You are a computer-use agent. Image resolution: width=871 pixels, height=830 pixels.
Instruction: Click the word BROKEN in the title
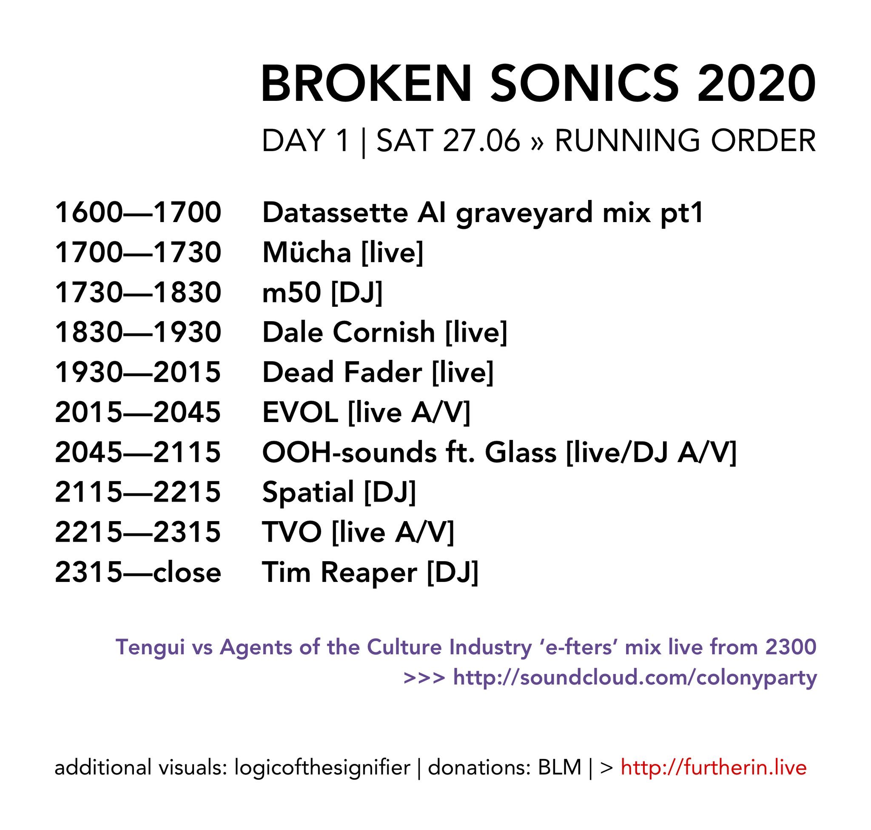point(366,84)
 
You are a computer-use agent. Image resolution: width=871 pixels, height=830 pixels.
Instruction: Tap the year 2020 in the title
point(756,84)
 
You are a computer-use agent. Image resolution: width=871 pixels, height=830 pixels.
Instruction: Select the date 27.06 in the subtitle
point(481,141)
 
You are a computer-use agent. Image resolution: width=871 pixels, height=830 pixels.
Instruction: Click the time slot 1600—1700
point(137,212)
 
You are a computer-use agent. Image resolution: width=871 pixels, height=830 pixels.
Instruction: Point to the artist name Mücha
point(307,252)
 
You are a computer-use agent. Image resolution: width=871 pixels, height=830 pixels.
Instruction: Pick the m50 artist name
point(291,292)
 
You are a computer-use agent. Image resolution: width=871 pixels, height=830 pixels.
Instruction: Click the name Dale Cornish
point(349,332)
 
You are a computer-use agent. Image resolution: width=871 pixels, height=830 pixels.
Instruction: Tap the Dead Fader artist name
point(342,373)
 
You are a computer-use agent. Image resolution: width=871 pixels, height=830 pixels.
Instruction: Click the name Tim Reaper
point(339,573)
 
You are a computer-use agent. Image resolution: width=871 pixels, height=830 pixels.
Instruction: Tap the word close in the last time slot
point(187,573)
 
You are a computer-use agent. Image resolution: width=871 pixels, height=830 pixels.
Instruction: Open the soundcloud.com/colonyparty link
point(635,678)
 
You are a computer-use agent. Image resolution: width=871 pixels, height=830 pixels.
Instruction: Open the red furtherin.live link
point(714,767)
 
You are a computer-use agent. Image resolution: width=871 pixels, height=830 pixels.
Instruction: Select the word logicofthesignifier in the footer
point(322,767)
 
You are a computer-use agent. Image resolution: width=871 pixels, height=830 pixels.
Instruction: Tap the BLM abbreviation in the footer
point(559,767)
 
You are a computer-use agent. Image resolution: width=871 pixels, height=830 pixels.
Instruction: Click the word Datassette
point(335,212)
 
